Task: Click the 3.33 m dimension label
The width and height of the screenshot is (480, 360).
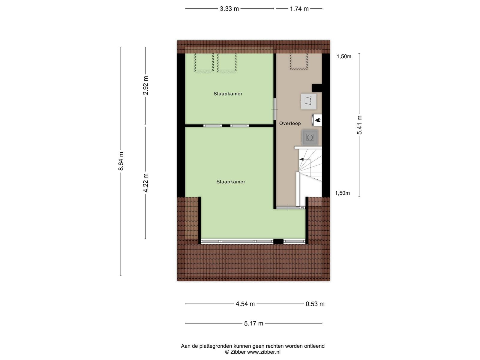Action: [229, 9]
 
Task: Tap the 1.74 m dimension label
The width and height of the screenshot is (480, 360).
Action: [299, 9]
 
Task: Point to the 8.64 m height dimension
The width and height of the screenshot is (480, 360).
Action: [121, 161]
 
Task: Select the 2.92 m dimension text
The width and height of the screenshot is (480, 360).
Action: [145, 85]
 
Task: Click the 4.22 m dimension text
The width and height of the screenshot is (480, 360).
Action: [145, 183]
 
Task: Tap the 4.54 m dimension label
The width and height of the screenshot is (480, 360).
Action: [245, 304]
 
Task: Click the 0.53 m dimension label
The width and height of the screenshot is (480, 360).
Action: [315, 304]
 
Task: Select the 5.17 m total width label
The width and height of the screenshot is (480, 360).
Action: [253, 323]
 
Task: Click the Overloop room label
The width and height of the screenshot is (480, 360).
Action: [290, 124]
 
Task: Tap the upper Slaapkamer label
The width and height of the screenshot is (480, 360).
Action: [228, 94]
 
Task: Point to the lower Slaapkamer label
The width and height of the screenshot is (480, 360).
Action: [231, 182]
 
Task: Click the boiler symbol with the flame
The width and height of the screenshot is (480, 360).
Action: [317, 120]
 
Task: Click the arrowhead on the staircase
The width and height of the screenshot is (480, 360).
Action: [301, 160]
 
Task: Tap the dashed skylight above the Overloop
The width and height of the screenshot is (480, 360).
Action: [299, 61]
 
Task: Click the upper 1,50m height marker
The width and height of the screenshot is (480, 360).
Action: [344, 56]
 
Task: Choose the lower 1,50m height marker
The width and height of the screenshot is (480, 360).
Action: [343, 193]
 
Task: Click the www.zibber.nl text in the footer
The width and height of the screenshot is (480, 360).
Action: [264, 352]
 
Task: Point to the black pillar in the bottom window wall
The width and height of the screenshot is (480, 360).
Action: [278, 241]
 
